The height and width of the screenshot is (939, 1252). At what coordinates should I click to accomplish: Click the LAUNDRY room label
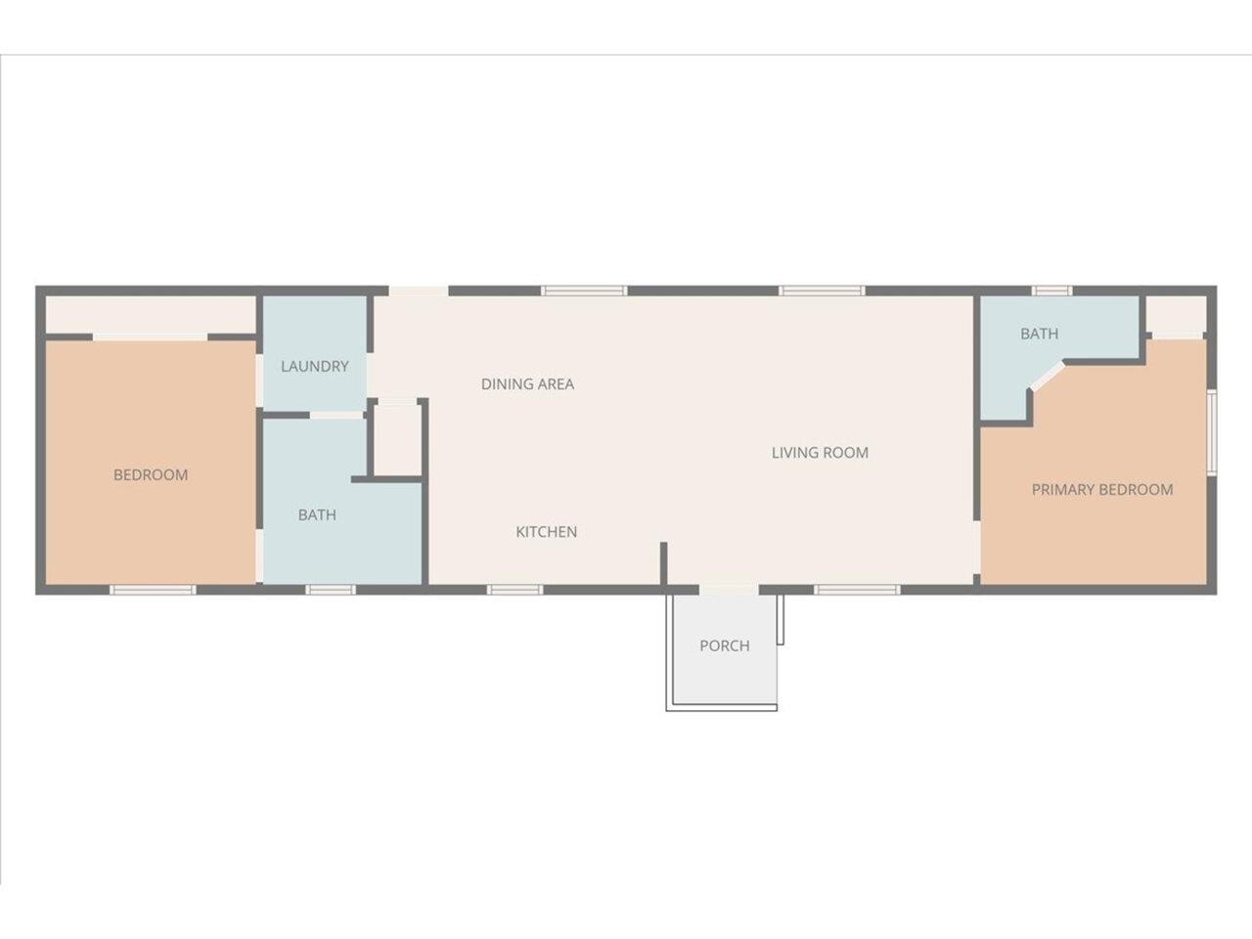pos(314,366)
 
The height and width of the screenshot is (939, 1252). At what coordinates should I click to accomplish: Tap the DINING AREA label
pos(527,384)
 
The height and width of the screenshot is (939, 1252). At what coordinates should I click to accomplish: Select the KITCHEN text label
pos(547,532)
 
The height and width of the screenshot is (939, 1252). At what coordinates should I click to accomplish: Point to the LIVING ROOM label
pos(820,453)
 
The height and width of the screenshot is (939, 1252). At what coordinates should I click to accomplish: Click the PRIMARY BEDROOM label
pos(1102,489)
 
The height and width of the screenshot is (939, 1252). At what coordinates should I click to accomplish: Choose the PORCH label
pos(725,646)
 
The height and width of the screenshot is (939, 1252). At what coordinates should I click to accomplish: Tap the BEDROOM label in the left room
pos(151,474)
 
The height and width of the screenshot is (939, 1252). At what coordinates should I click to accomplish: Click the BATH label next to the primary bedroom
pos(1039,334)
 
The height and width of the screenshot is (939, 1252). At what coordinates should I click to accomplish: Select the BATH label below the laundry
pos(317,514)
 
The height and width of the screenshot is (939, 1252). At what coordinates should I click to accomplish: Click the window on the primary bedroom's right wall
pos(1212,432)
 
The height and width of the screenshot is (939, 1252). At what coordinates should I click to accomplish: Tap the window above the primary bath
pos(1051,291)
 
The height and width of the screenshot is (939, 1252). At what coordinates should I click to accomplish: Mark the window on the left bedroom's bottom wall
pos(153,590)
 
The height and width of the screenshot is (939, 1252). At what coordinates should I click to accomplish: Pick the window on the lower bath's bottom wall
pos(331,590)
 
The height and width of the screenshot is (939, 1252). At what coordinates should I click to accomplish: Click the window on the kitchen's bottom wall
pos(514,590)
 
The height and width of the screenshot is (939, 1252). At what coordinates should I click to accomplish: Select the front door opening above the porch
pos(729,590)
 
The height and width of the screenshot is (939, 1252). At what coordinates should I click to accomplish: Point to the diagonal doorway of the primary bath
pos(1048,377)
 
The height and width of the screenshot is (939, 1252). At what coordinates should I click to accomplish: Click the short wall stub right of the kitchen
pos(663,563)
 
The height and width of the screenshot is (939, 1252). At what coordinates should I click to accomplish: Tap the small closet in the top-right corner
pos(1176,317)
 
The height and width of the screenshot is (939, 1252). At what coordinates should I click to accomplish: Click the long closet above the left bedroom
pos(151,315)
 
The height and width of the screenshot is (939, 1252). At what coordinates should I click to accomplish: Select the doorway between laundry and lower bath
pos(336,415)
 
